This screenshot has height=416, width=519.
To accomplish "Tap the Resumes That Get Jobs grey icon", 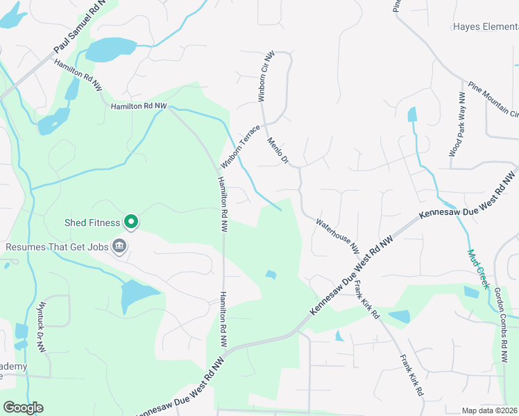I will tap(119, 245).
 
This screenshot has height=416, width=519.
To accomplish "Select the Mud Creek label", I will tap(478, 269).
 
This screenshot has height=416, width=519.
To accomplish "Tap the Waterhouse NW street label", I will tap(338, 235).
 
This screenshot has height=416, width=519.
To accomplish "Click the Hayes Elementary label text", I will tap(486, 27).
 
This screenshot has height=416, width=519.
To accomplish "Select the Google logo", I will tap(23, 408).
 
